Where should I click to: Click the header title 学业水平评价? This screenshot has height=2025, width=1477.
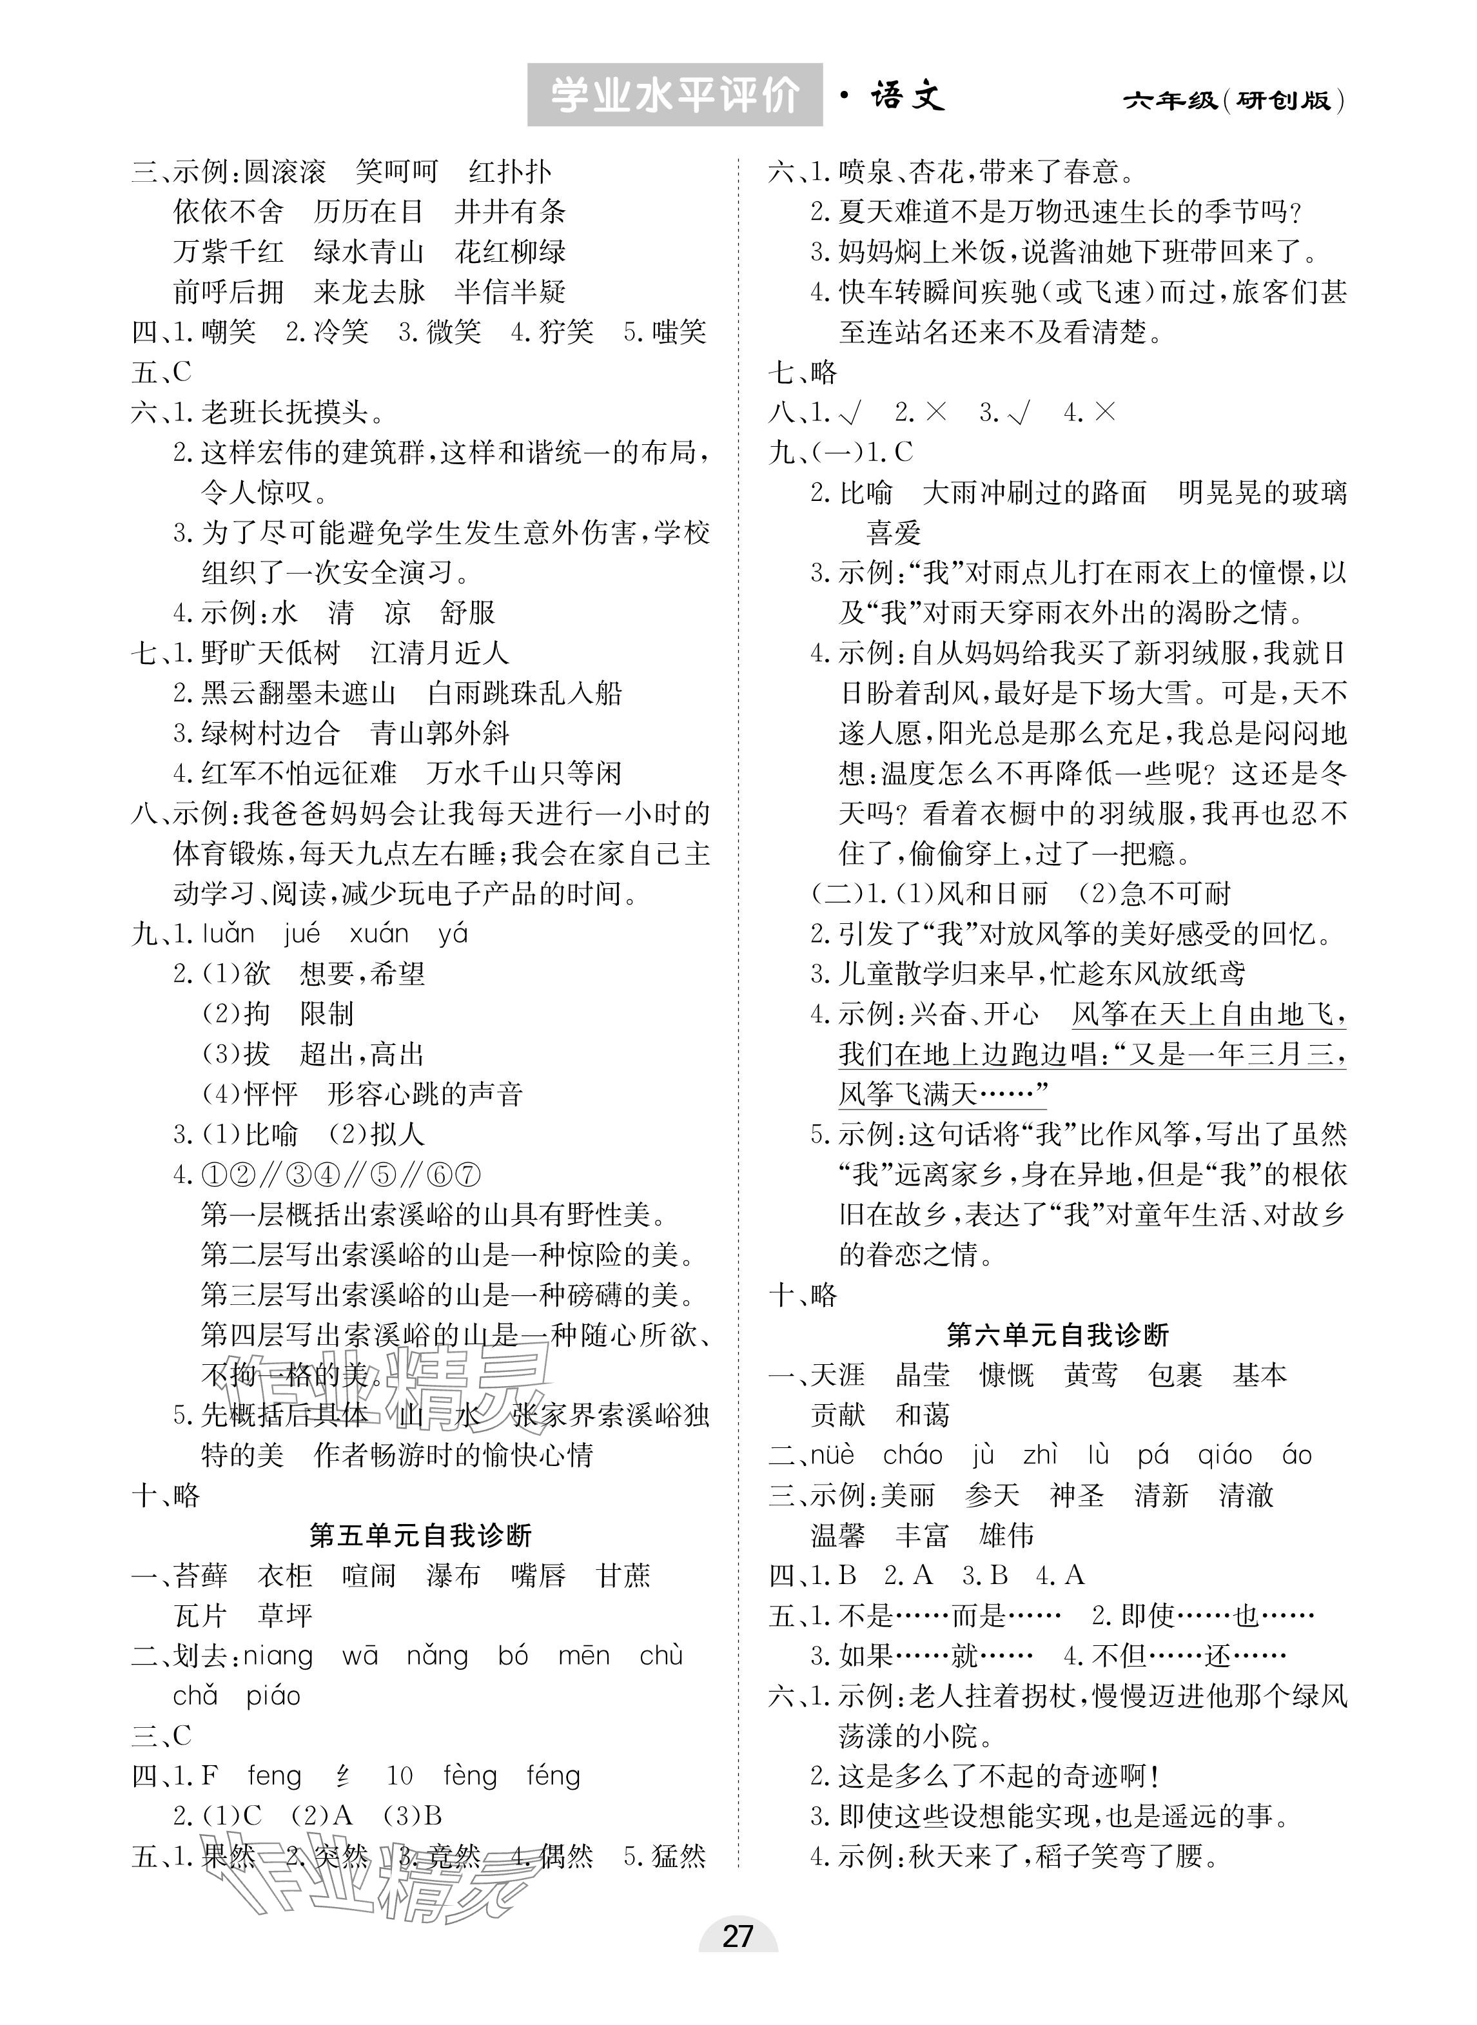[674, 95]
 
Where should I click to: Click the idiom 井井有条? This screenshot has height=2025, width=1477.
[509, 212]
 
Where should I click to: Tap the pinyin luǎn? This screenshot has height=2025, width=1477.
[228, 934]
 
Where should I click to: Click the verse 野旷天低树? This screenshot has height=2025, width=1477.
[270, 654]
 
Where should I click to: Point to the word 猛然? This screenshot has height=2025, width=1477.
[678, 1856]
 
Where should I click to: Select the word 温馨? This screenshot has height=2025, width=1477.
[837, 1536]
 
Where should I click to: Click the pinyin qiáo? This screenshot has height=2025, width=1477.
[1225, 1456]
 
